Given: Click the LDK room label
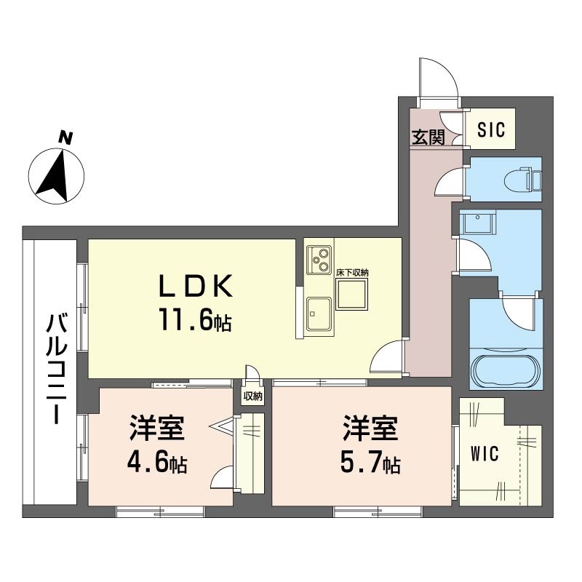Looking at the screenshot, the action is pyautogui.click(x=196, y=286).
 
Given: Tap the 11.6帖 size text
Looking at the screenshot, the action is pyautogui.click(x=196, y=320).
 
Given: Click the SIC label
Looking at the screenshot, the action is pyautogui.click(x=491, y=129).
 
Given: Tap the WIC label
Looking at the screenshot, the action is pyautogui.click(x=485, y=453).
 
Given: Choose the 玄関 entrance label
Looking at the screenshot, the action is pyautogui.click(x=428, y=137).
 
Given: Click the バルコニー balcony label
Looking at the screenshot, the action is pyautogui.click(x=57, y=369).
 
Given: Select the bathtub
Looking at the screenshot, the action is pyautogui.click(x=505, y=372).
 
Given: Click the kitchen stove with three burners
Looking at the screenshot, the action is pyautogui.click(x=319, y=260).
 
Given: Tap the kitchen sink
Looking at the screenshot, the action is pyautogui.click(x=319, y=314).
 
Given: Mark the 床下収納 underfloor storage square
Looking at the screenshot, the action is pyautogui.click(x=351, y=295).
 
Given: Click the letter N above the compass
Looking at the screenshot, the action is pyautogui.click(x=65, y=138).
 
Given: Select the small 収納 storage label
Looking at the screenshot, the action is pyautogui.click(x=252, y=396).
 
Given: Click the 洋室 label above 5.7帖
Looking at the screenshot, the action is pyautogui.click(x=370, y=428).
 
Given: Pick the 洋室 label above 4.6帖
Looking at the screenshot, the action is pyautogui.click(x=157, y=428).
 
